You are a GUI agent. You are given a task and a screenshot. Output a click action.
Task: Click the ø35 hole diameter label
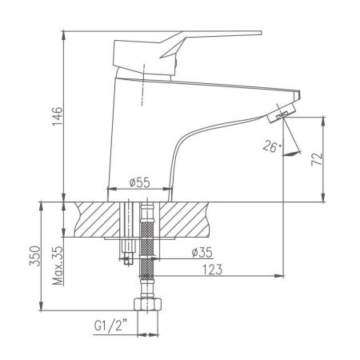coord(201,254)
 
